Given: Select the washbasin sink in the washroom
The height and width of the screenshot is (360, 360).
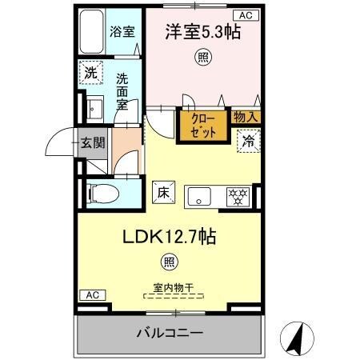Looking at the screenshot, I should [x=94, y=108].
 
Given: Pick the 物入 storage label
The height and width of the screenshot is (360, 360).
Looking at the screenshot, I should [x=246, y=118].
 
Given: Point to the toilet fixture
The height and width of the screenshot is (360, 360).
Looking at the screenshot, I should [x=102, y=192].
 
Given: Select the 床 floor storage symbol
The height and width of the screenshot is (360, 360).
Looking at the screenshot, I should [x=162, y=192].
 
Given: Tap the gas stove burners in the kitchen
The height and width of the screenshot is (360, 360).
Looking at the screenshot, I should [x=238, y=194].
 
